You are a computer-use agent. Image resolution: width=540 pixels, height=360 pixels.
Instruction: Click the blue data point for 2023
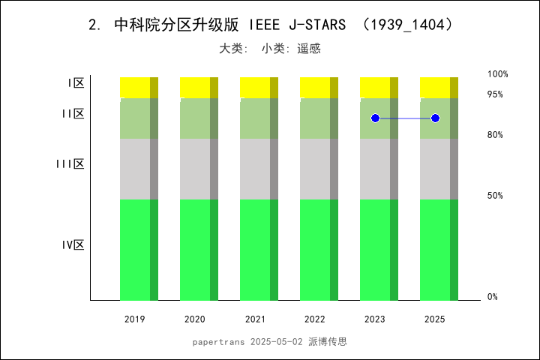click(375, 118)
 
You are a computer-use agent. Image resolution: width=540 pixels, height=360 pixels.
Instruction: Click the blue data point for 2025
click(435, 118)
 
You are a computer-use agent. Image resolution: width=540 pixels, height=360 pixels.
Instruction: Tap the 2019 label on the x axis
click(135, 319)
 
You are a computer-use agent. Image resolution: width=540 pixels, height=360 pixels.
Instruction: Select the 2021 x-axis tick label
click(255, 319)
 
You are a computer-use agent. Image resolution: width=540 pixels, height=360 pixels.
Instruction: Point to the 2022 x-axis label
click(315, 319)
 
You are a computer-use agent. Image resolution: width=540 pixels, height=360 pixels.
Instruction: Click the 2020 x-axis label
click(195, 319)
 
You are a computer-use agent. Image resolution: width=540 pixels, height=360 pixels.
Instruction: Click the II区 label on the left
click(73, 114)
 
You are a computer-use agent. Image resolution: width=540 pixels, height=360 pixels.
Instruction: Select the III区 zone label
click(70, 163)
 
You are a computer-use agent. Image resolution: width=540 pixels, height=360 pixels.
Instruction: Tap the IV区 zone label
click(73, 244)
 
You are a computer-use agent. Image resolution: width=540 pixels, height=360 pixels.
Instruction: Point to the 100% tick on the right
click(498, 74)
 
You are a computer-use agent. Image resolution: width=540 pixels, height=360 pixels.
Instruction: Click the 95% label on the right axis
click(495, 94)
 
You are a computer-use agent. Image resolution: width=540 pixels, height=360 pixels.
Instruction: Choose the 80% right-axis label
click(495, 135)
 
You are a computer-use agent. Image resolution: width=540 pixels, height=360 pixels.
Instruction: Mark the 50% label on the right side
click(495, 196)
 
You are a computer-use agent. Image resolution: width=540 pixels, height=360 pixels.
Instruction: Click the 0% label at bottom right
click(493, 297)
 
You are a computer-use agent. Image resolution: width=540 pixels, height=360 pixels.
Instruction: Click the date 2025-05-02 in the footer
click(277, 341)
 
